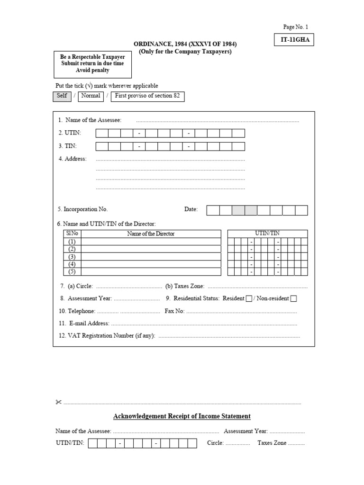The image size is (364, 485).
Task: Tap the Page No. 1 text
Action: coord(296,27)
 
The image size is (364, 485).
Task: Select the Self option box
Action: coord(62,96)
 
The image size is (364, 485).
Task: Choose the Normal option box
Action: coord(90,96)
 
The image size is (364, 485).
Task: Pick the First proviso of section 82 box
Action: coord(147,96)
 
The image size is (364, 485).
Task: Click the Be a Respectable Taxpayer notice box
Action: coord(92,63)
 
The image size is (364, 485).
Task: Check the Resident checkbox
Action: coord(249,298)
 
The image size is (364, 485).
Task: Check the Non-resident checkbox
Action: coord(293,298)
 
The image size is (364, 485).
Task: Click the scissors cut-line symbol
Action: coord(58,403)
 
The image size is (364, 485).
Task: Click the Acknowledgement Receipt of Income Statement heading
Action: coord(182,416)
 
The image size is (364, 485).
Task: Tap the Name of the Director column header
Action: coord(151,234)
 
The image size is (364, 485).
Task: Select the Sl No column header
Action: coord(72,234)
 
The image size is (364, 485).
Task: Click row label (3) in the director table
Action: coord(72,257)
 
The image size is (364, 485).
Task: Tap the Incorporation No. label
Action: coord(83,209)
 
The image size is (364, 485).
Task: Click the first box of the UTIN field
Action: coord(102,134)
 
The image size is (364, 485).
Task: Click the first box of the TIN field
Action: coord(102,146)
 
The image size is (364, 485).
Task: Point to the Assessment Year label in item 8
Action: coord(90,299)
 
